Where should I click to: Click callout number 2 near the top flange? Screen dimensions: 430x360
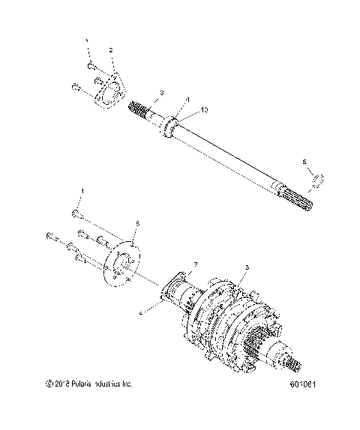point(110,50)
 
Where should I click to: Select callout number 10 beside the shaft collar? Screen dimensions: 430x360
point(203,110)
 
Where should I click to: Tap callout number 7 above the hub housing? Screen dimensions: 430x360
point(195,265)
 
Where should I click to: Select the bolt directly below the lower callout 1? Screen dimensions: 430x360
point(78,215)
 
